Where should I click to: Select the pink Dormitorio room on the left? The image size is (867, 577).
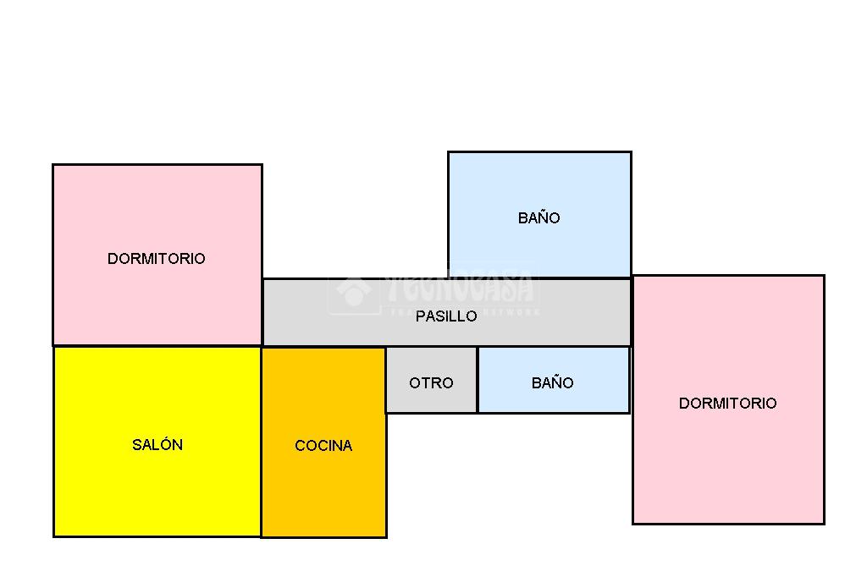[x=157, y=212]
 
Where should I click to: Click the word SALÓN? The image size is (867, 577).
[x=157, y=444]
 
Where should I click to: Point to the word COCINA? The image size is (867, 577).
[x=323, y=446]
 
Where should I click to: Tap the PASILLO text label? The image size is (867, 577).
[x=446, y=316]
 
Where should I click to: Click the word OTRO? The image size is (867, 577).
[x=431, y=382]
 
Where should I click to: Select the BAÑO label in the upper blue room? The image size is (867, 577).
[x=539, y=217]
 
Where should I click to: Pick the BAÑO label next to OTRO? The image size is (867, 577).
[x=553, y=382]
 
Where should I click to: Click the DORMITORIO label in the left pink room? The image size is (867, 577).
[x=157, y=258]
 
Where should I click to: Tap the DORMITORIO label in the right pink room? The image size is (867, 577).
[x=727, y=403]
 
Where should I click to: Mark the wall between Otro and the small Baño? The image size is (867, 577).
[x=478, y=380]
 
